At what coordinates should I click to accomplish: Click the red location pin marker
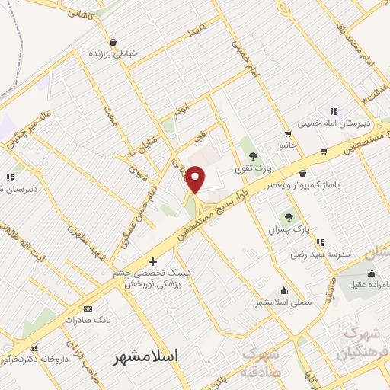(x=196, y=180)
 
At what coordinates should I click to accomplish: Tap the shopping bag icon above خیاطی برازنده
(x=113, y=43)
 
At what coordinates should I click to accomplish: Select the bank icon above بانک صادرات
(x=88, y=308)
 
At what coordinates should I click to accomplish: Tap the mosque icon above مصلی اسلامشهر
(x=284, y=290)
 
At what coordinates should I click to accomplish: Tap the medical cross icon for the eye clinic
(x=153, y=261)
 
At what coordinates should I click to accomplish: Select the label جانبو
(x=286, y=143)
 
